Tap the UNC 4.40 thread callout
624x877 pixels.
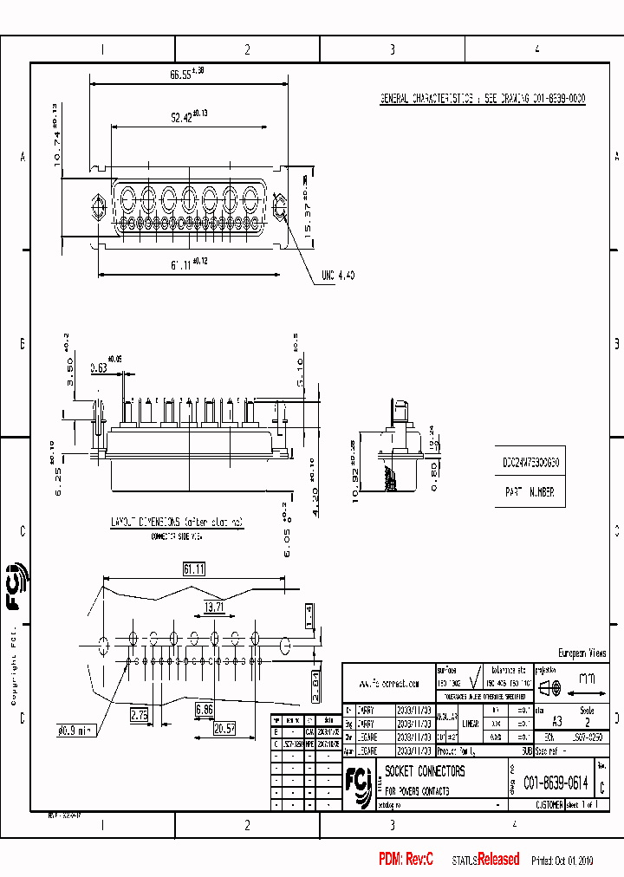[337, 275]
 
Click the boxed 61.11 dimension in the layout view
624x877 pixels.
[194, 568]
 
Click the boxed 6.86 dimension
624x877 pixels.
[205, 709]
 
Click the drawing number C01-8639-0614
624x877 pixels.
[556, 783]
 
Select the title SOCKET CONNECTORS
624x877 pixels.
[425, 771]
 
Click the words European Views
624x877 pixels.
[582, 653]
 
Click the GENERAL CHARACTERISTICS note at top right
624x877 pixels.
[483, 99]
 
